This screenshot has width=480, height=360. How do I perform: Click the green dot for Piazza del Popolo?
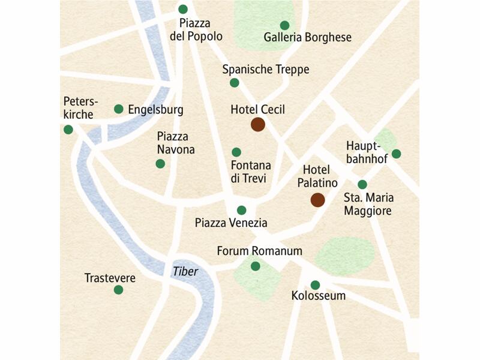[x=183, y=9]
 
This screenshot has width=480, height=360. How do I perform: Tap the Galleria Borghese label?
[x=307, y=38]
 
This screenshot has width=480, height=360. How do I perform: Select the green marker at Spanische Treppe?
[x=234, y=83]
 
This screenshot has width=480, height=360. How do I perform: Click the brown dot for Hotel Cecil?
[x=257, y=125]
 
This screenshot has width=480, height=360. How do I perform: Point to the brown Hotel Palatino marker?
[x=317, y=200]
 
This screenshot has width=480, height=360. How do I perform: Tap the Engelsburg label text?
[x=155, y=110]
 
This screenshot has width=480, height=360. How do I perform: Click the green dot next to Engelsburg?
[x=119, y=109]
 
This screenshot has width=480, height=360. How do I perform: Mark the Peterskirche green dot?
[x=68, y=130]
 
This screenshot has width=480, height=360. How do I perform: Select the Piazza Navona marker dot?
[x=160, y=164]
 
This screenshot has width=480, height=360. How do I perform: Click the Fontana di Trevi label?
[x=251, y=172]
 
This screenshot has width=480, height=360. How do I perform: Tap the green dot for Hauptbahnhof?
[x=396, y=154]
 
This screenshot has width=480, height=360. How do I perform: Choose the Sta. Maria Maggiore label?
[x=368, y=205]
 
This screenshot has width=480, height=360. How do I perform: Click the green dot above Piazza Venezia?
[x=241, y=210]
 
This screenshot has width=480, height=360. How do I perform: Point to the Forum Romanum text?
[x=259, y=251]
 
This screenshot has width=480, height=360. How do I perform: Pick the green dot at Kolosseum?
[x=315, y=285]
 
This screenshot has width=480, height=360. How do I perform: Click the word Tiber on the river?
[x=185, y=271]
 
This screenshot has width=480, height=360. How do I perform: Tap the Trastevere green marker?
[x=118, y=290]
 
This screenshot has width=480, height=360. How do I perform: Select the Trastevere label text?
[x=110, y=278]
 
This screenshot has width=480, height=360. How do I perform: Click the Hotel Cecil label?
[x=257, y=110]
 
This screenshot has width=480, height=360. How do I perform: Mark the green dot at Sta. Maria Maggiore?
[x=362, y=184]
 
